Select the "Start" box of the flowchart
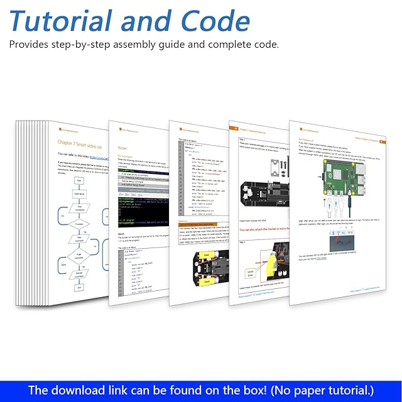[80, 180]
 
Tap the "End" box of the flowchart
[79, 288]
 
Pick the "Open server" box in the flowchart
[80, 194]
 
